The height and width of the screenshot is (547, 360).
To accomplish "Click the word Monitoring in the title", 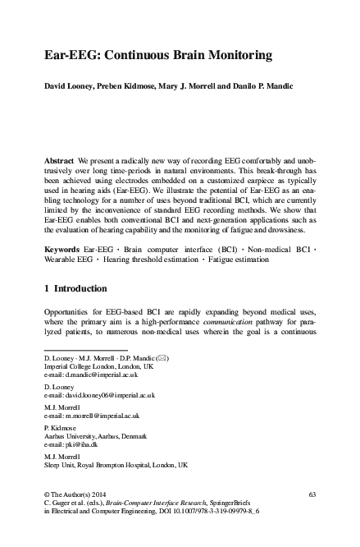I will (x=232, y=57).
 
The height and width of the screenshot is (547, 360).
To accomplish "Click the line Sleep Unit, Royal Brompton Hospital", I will (x=114, y=464).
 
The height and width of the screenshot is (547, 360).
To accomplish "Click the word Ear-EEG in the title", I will (x=71, y=57).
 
